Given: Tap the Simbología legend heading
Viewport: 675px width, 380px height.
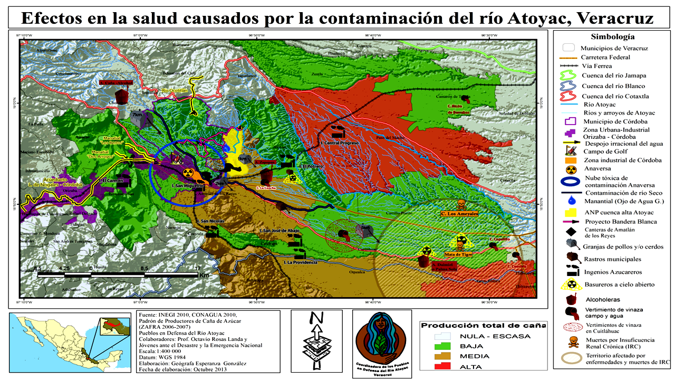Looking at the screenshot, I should (612, 37).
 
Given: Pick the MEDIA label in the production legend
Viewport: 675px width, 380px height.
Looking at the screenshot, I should (475, 356).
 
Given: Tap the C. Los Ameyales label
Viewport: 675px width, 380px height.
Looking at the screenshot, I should (459, 214).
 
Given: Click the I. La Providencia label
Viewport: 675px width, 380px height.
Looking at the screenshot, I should (301, 262).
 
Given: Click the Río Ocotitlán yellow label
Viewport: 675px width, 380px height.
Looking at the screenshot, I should (175, 90).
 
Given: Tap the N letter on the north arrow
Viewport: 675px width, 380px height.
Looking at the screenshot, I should (317, 318).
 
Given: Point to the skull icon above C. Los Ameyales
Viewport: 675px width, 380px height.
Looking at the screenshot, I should (460, 204).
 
